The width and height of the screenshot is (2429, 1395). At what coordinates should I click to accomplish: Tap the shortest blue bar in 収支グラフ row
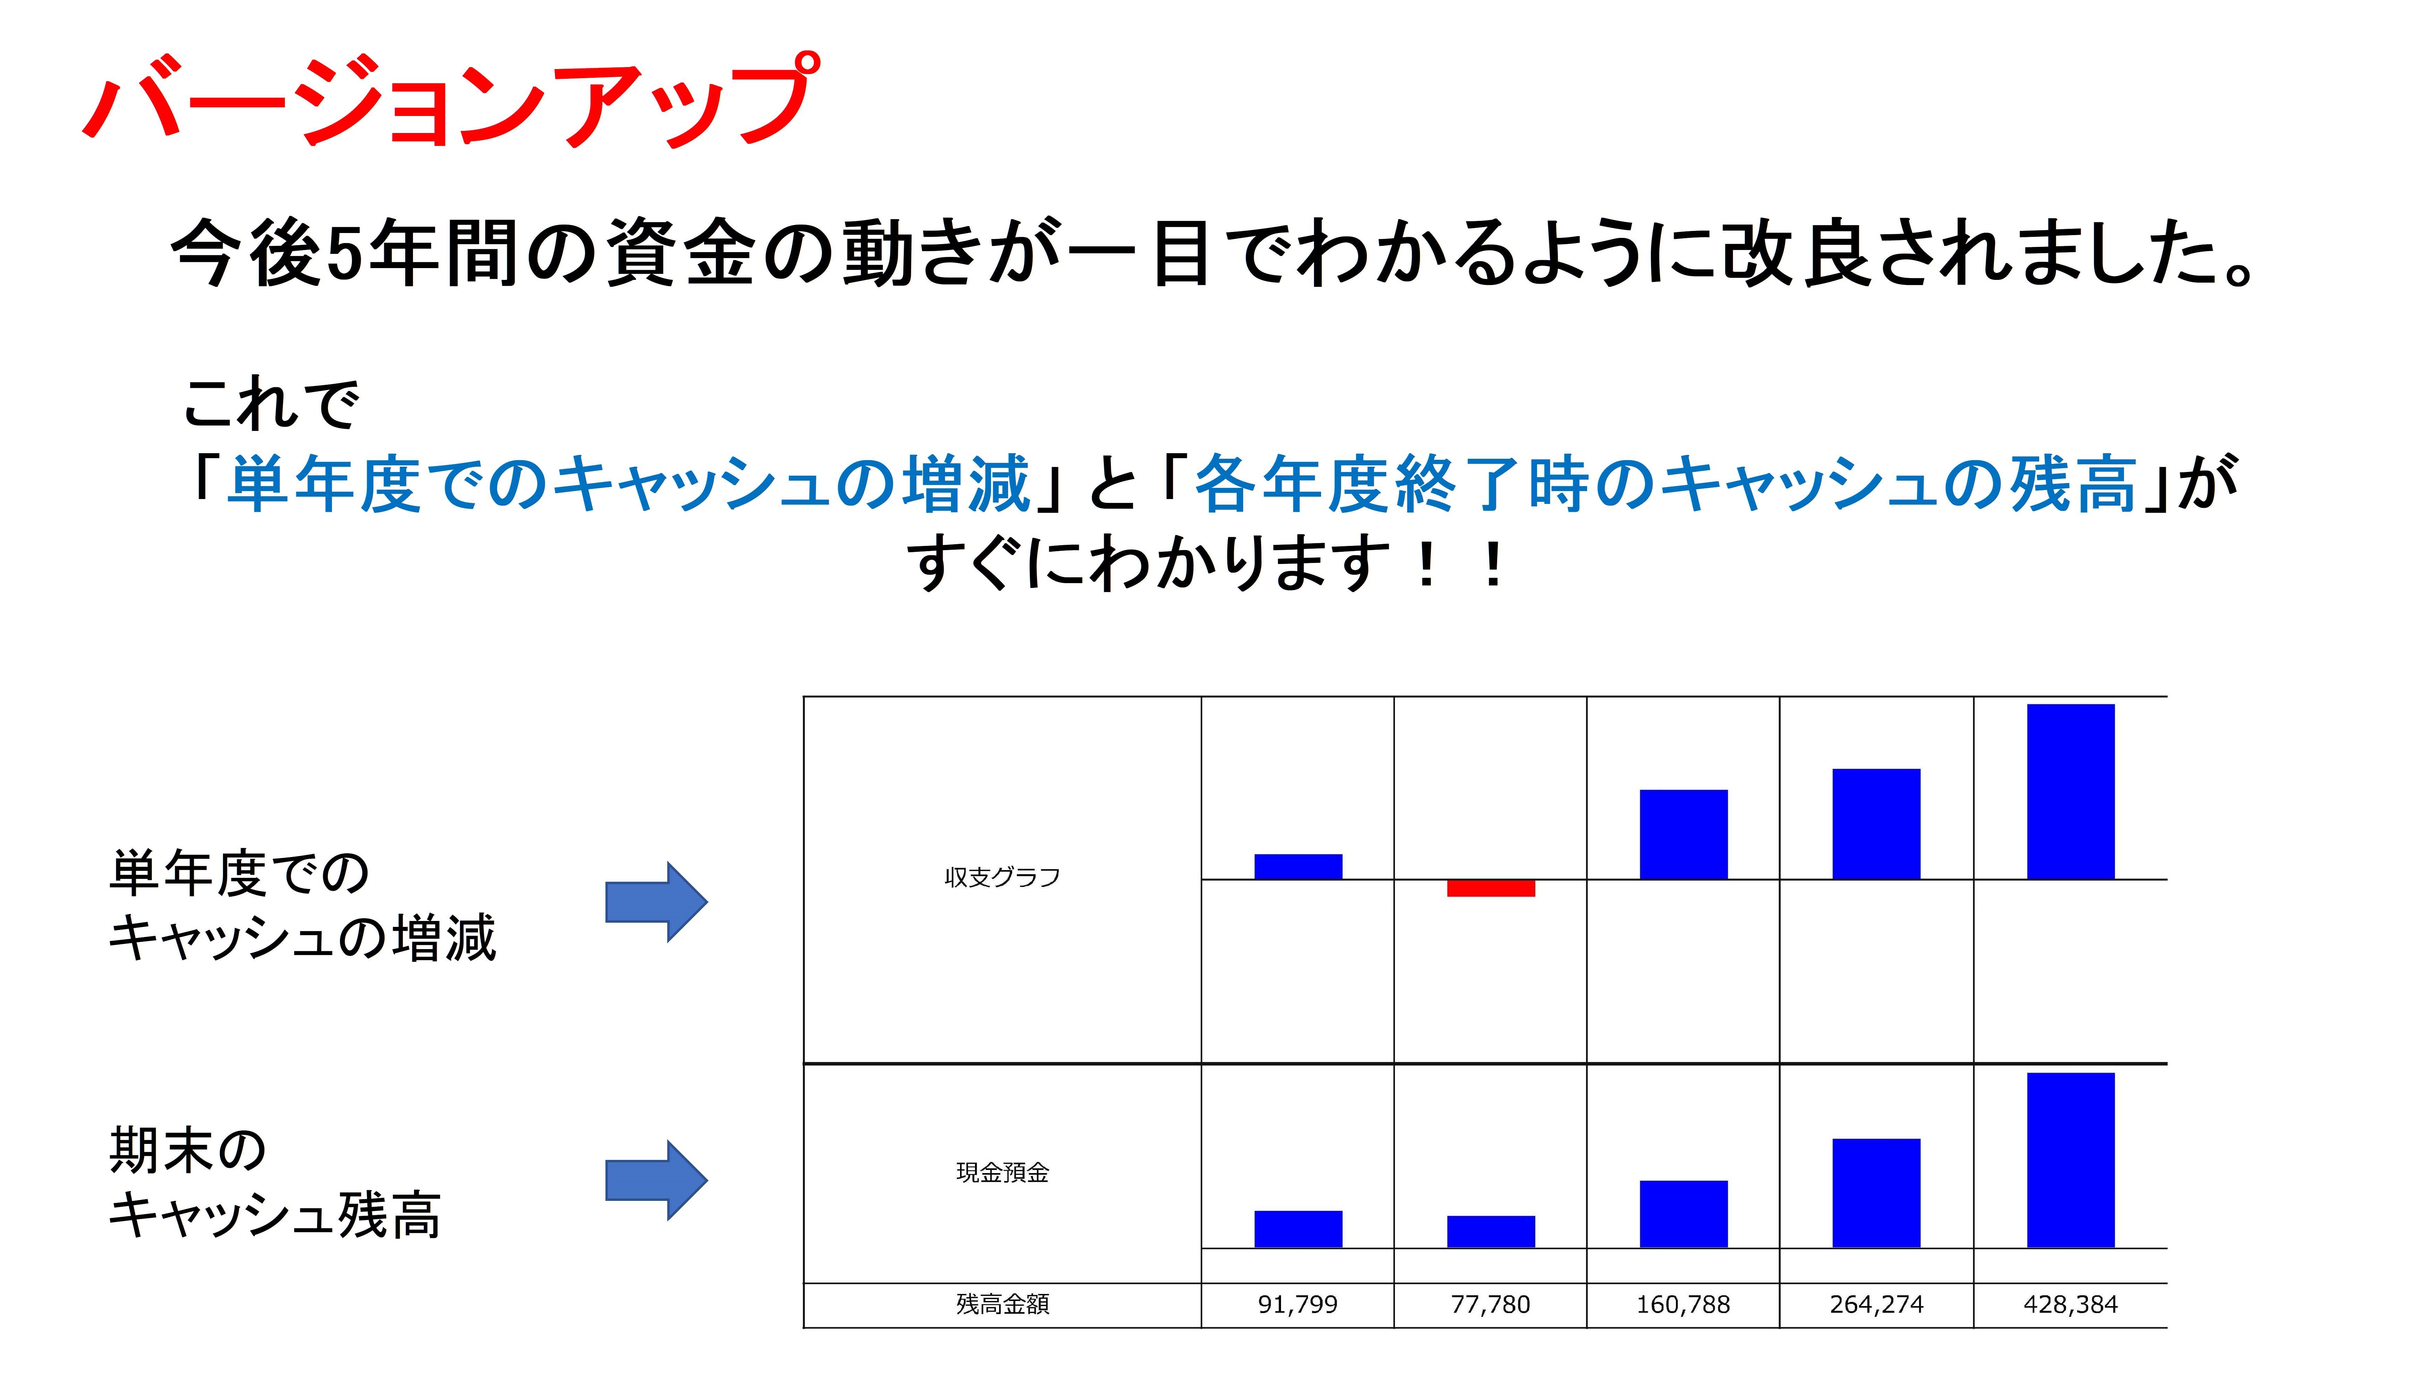pos(1298,866)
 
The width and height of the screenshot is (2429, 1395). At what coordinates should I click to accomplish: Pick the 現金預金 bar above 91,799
pos(1298,1229)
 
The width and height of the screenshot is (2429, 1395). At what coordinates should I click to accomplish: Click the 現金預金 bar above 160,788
pos(1684,1214)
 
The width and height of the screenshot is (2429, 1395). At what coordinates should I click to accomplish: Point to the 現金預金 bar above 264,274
pos(1876,1193)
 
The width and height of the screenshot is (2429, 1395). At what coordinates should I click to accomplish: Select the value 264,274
pos(1876,1304)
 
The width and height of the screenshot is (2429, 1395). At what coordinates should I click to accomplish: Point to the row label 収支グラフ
pos(1002,877)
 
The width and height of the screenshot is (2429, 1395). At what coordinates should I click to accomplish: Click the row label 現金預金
pos(1002,1172)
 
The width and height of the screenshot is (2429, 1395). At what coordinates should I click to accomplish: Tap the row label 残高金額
pos(1002,1304)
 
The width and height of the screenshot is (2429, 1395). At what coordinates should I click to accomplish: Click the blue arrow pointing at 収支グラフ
pos(656,902)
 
